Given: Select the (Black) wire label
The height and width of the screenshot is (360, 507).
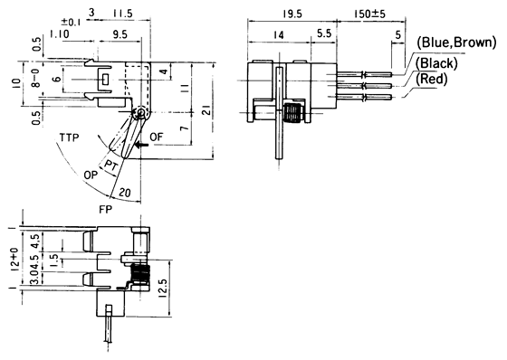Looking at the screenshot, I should [x=436, y=63].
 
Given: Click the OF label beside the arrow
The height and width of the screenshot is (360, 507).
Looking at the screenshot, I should [x=156, y=137].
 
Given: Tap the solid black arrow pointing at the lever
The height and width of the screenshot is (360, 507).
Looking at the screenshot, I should [x=136, y=142].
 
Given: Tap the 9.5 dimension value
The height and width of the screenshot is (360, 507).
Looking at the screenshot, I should [x=119, y=33].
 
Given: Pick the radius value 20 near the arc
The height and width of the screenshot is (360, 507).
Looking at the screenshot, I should [x=125, y=192].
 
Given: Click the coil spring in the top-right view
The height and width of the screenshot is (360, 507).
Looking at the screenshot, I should [x=292, y=115].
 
